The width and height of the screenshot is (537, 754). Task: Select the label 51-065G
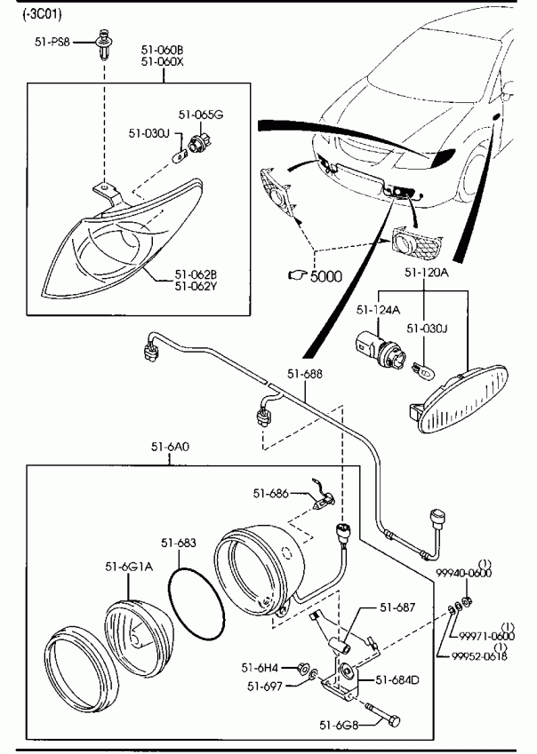coord(200,115)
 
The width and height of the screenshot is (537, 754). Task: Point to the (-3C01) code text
coord(28,12)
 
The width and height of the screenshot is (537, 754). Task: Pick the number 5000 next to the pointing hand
coord(325,276)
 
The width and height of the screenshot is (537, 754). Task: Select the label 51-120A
coord(427,273)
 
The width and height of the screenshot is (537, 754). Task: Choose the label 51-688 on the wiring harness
coord(304,374)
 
